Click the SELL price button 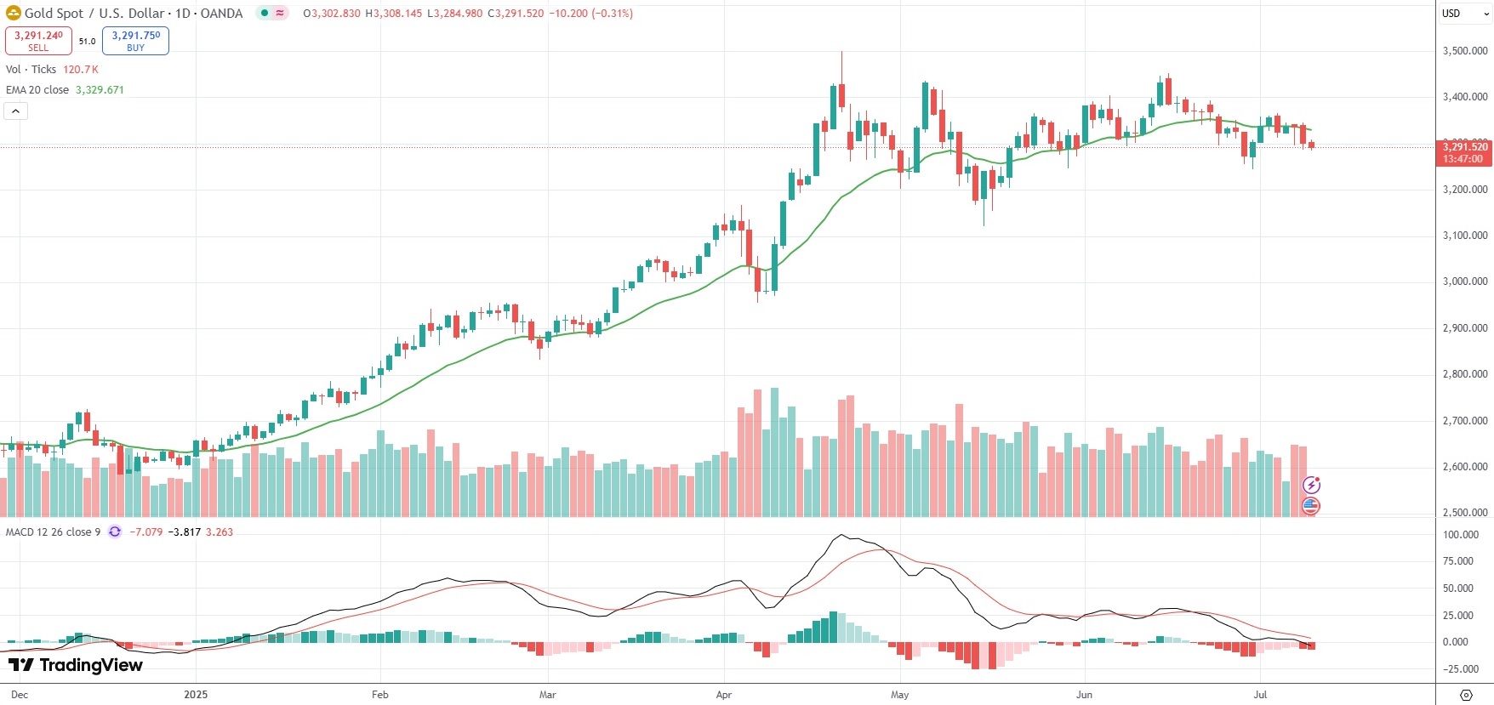click(x=38, y=40)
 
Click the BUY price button click(x=135, y=40)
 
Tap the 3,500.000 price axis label click(x=1465, y=51)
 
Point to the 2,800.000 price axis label click(x=1465, y=374)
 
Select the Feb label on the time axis click(x=380, y=695)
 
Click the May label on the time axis click(x=899, y=695)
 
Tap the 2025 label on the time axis click(x=196, y=695)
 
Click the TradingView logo click(x=76, y=665)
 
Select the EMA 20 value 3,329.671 click(x=100, y=90)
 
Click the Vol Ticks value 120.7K click(x=81, y=70)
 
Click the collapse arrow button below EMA click(x=16, y=111)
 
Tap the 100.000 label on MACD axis click(x=1462, y=535)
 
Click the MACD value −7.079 click(x=145, y=532)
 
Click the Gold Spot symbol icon click(x=14, y=14)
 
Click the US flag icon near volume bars click(x=1310, y=506)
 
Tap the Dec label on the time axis click(x=20, y=695)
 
